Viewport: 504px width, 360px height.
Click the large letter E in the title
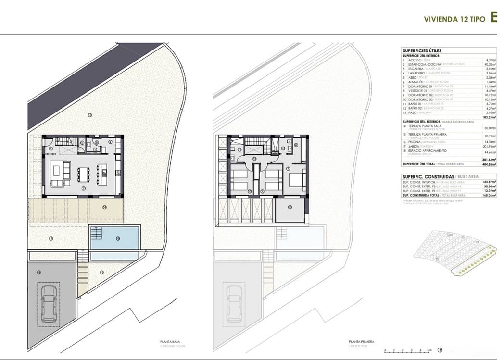pos(493,18)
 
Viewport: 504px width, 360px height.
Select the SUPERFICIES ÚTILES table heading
pos(422,50)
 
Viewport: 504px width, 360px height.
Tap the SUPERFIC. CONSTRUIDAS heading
pos(425,177)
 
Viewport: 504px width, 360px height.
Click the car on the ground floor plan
pos(49,304)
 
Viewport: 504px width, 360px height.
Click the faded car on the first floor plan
pos(234,304)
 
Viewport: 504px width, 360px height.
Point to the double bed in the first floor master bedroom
pos(295,181)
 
